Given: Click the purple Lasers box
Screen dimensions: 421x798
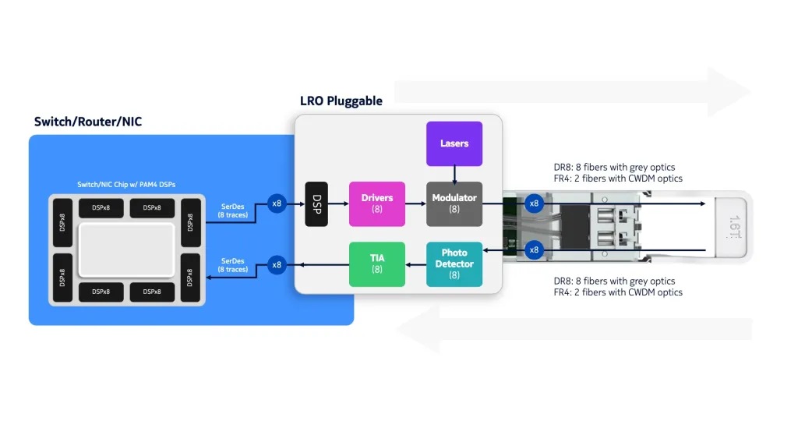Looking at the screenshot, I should coord(454,143).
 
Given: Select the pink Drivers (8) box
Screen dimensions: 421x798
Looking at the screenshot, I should coord(377,203).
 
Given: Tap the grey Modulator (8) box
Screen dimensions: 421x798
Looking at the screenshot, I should coord(454,203).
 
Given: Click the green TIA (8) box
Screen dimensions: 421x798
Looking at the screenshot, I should coord(377,264).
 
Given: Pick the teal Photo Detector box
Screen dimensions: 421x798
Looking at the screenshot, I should coord(454,264).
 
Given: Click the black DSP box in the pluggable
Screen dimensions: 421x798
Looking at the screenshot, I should coord(316,203).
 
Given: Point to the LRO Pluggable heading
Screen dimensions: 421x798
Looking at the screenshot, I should coord(341,101).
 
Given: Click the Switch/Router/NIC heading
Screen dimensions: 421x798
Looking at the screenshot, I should coord(88,122).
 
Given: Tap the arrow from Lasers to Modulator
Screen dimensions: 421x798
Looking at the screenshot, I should coord(454,174).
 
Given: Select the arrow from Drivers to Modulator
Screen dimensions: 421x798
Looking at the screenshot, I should coord(415,204).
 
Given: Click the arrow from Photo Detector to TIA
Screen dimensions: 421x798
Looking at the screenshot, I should coord(415,264).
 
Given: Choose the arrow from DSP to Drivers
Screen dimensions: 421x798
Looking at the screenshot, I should coord(338,204).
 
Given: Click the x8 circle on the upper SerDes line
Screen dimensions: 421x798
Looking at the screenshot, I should coord(277,204).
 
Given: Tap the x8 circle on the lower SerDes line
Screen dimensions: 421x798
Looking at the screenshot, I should coord(277,264).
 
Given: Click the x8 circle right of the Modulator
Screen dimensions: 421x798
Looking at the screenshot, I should coord(534,203).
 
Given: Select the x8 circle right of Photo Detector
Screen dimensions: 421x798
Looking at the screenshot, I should coord(534,250).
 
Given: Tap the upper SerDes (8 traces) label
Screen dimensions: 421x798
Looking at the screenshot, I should coord(233,210).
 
